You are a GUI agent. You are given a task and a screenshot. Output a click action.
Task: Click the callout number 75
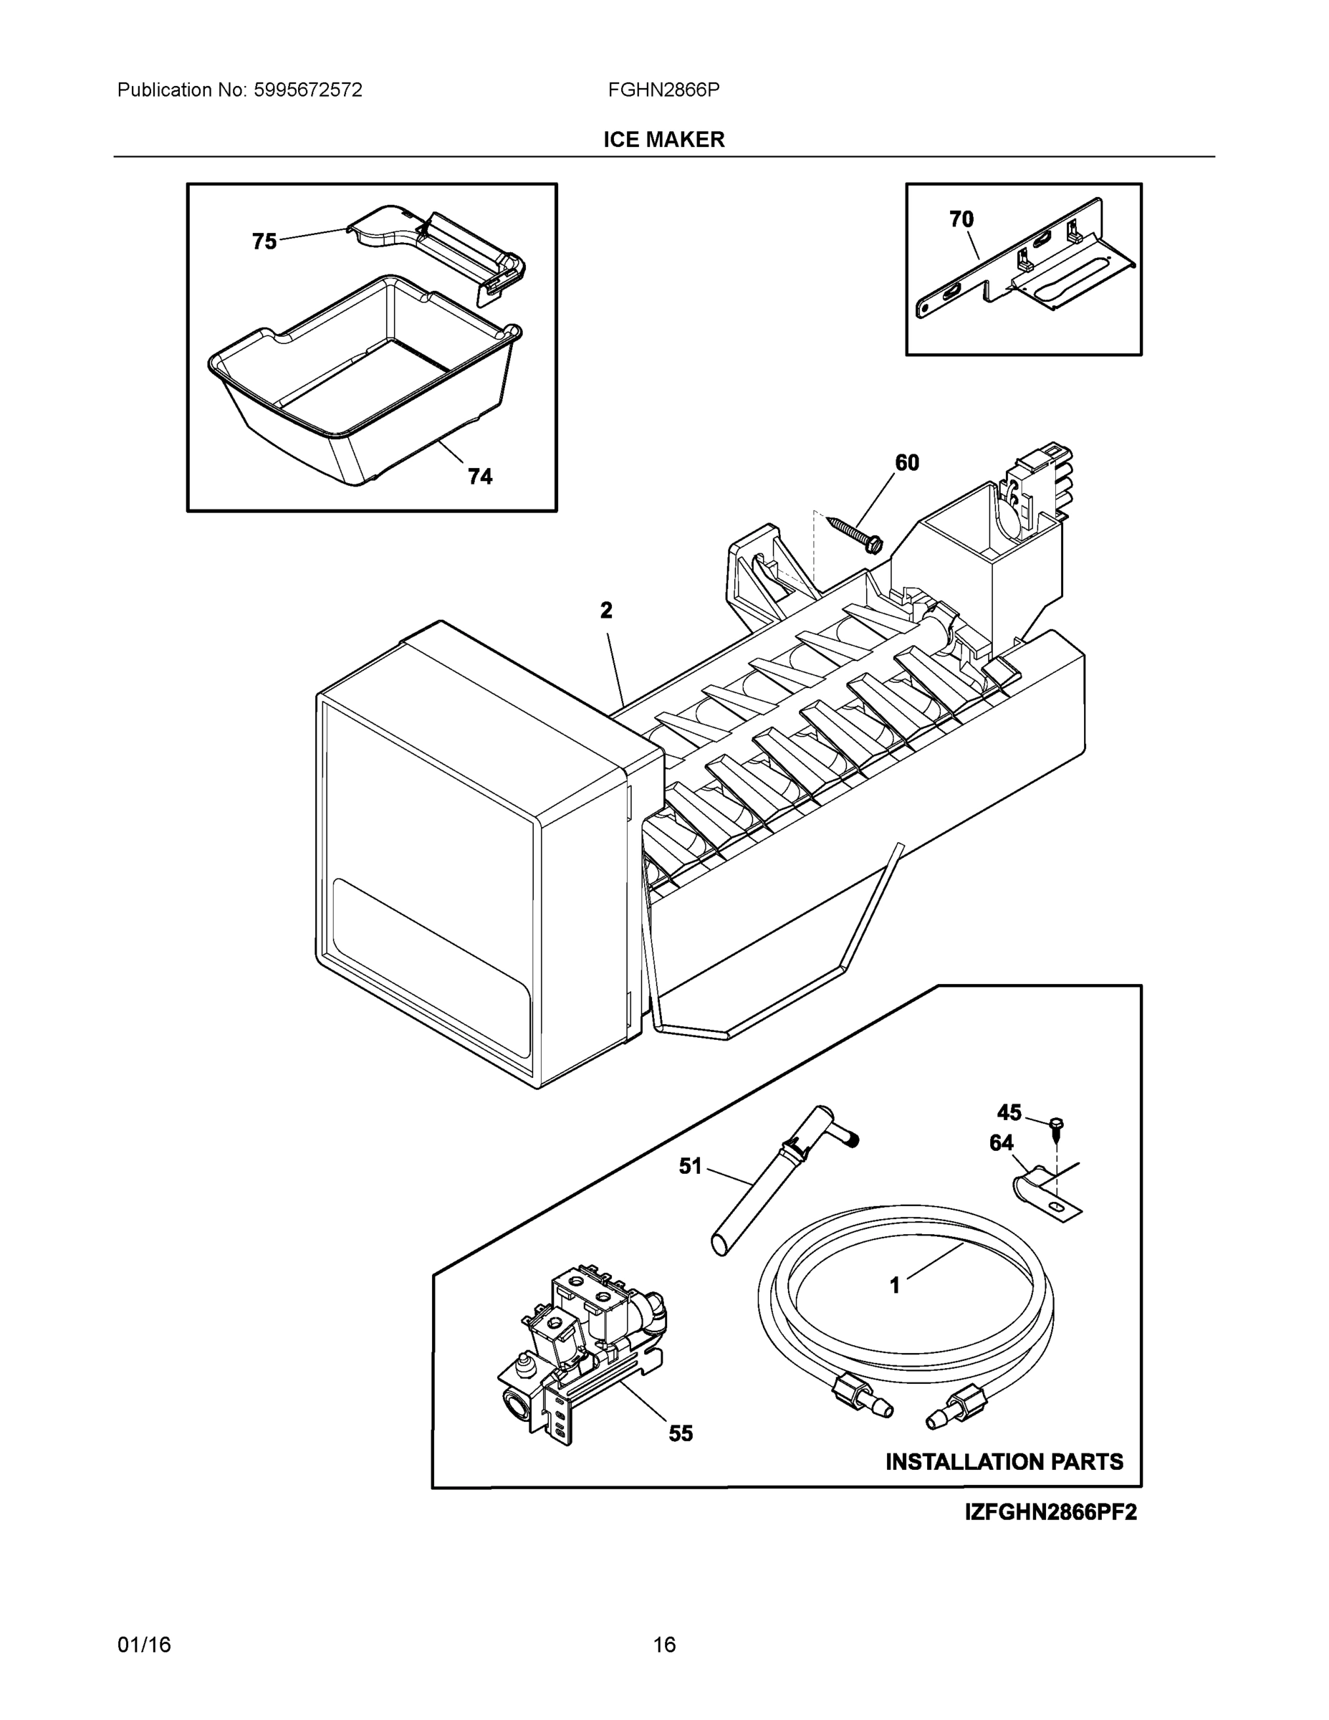[264, 241]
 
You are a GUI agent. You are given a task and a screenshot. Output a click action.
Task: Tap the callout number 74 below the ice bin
[480, 477]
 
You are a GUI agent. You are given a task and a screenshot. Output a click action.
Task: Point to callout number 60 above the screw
[907, 463]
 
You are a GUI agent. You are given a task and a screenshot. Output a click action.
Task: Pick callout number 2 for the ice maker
[606, 611]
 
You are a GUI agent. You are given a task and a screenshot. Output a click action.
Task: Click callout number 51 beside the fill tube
[691, 1166]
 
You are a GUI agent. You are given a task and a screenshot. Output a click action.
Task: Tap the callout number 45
[1009, 1113]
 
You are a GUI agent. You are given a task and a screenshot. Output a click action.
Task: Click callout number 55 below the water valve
[681, 1434]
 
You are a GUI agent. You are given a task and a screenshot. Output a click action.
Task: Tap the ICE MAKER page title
[663, 140]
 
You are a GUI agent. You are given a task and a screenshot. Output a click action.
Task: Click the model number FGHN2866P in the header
[663, 90]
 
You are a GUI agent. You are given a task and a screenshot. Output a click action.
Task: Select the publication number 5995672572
[308, 90]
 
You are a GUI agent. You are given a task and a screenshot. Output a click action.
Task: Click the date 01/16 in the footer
[144, 1645]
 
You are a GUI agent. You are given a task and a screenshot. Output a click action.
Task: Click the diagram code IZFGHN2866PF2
[1050, 1512]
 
